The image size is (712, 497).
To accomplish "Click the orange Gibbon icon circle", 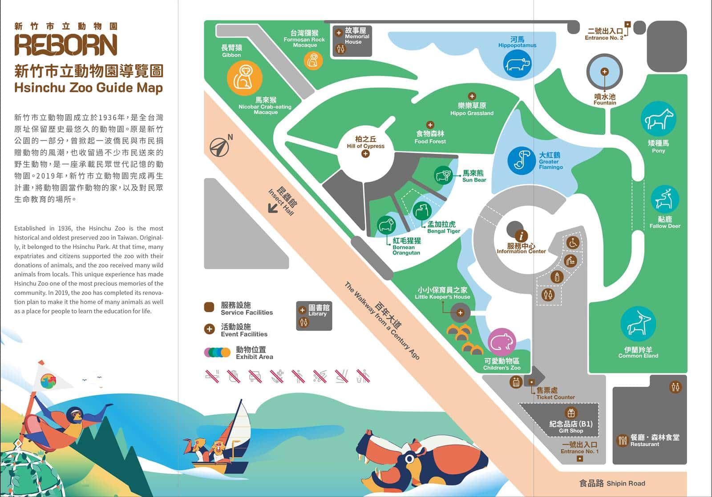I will (244, 78).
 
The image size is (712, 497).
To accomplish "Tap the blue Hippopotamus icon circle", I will (517, 64).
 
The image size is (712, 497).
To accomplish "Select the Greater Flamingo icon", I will (521, 160).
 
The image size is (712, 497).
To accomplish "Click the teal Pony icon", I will (658, 119).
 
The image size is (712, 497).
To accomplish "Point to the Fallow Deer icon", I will (664, 199).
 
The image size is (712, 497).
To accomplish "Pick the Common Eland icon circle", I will (638, 324).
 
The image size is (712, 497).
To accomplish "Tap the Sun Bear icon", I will (443, 176).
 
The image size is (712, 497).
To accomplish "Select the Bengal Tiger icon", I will (421, 211).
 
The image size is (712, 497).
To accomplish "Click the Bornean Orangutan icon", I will (386, 225).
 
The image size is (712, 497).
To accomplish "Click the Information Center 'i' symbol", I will (521, 236).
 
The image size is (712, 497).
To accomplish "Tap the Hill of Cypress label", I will (365, 142).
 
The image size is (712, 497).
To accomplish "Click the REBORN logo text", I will (66, 44).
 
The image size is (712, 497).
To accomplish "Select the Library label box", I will (314, 316).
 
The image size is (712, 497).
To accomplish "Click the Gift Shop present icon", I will (571, 413).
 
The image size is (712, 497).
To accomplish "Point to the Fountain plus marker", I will (604, 72).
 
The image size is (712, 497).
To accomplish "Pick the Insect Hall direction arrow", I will (273, 208).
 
